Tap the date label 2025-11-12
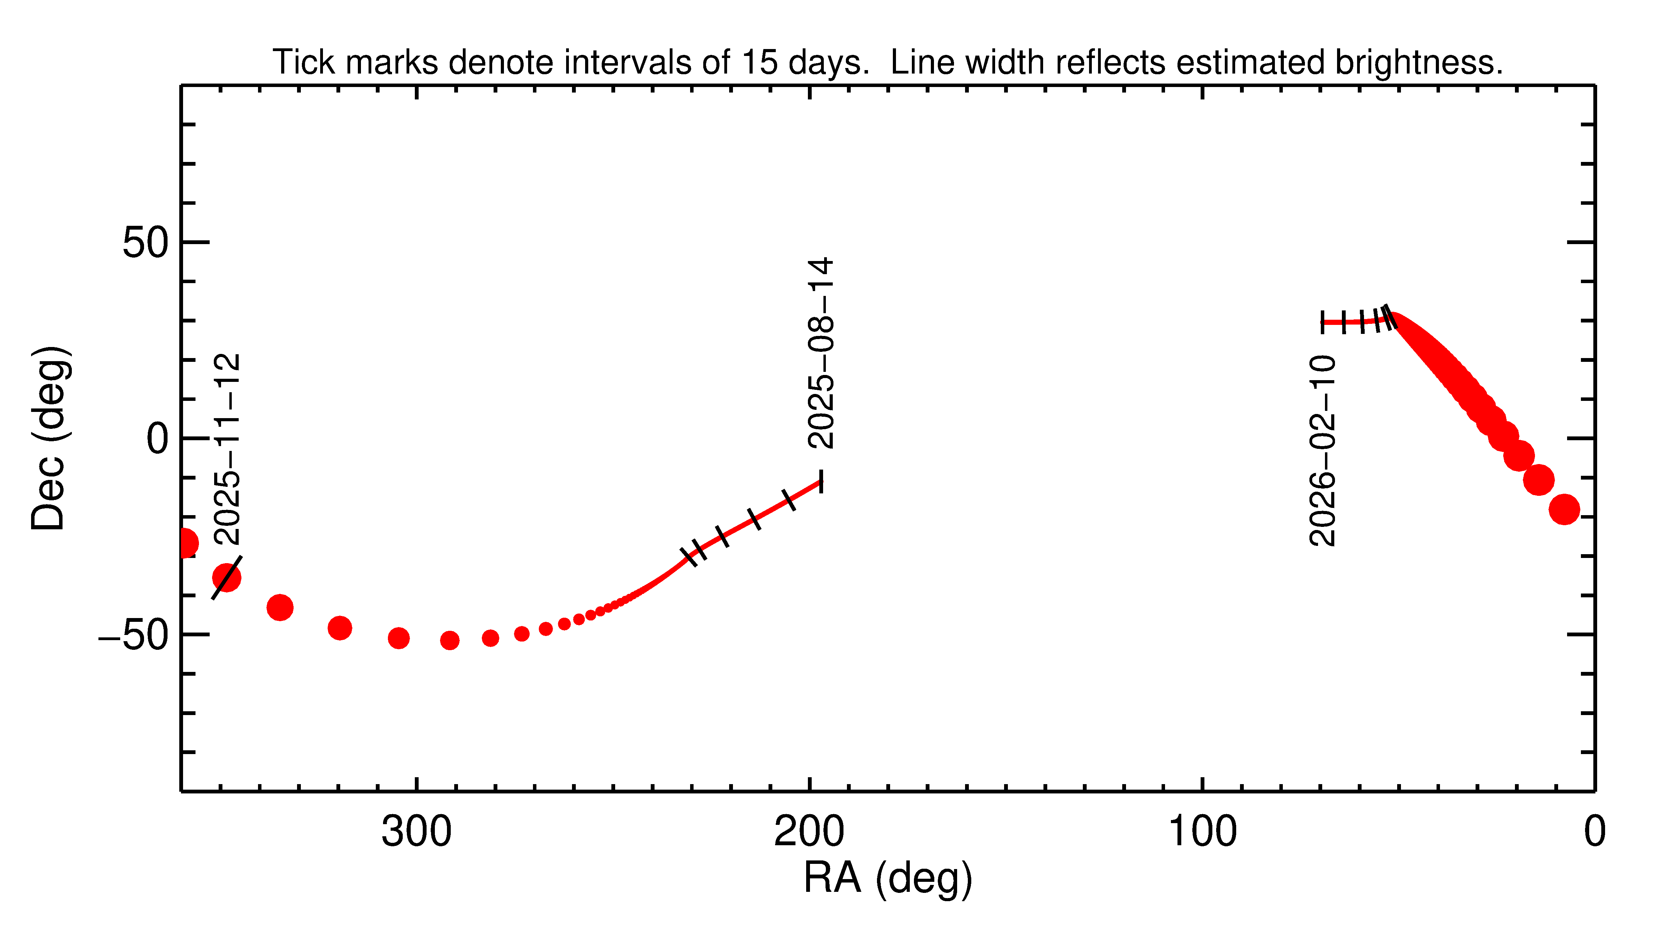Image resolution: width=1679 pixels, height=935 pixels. point(228,450)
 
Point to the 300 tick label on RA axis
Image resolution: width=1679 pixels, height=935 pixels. point(417,832)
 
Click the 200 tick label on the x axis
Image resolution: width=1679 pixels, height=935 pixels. point(809,832)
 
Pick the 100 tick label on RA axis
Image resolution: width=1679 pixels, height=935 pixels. point(1202,832)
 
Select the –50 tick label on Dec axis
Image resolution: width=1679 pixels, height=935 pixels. point(134,635)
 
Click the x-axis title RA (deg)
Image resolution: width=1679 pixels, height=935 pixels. point(888,878)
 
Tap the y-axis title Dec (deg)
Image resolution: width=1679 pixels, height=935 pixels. point(49,438)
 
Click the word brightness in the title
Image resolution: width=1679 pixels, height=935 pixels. point(1418,62)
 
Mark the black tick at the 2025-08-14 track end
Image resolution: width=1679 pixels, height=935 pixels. point(821,482)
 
